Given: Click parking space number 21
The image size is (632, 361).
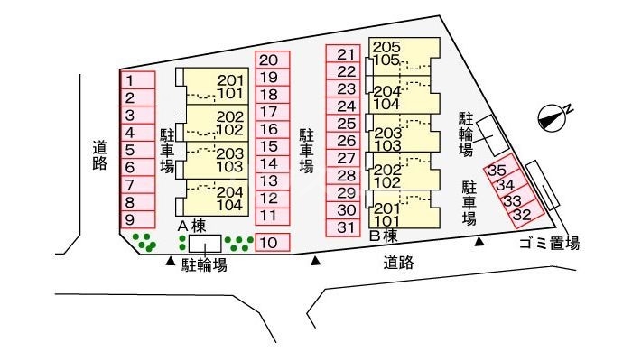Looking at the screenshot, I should point(344,54).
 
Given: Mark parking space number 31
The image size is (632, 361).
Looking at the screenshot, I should point(344,227).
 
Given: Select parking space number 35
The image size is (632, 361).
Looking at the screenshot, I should point(497,170).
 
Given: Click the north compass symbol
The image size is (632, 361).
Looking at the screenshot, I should point(552,114).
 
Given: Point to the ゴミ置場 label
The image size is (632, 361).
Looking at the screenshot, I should point(548,244).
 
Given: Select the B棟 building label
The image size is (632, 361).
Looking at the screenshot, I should point(384,236).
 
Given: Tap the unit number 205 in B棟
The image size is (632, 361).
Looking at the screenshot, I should point(386,47).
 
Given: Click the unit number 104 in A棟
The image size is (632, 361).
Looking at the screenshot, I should point(229,205).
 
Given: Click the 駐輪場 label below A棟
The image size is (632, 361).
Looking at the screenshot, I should point(204,264).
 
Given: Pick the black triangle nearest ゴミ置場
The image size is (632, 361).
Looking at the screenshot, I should point(480,241).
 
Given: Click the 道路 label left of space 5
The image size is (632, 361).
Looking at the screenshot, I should point(100,155).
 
